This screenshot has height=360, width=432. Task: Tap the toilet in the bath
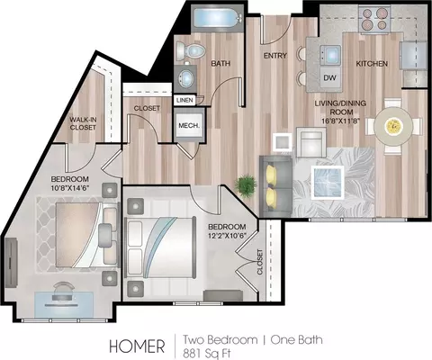coord(190,51)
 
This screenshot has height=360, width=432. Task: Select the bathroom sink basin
coord(186,77)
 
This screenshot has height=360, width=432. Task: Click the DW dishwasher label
coord(329,78)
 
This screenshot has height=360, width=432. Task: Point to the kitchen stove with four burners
coord(374,19)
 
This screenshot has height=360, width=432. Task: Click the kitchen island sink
coord(330,55)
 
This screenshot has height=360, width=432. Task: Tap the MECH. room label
coord(189,125)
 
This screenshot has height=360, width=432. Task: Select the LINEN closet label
coord(184,100)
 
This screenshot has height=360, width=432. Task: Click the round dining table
coord(392,126)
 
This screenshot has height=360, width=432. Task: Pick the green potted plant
coord(246,186)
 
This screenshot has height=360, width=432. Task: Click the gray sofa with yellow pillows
coord(275,186)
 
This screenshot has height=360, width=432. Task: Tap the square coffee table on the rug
coord(328,183)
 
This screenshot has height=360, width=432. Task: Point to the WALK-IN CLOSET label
coord(83,123)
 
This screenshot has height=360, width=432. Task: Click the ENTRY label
coord(275,56)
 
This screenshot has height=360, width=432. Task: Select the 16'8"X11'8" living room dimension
coord(340,121)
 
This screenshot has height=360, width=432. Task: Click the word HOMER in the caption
coord(137,346)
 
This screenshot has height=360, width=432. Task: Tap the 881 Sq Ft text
coord(207,353)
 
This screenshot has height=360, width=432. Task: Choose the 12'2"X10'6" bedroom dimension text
coord(227,236)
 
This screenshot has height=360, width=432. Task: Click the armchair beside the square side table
coord(311,142)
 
